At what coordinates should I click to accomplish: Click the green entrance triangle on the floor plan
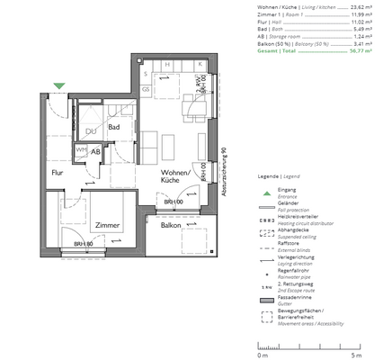point(59,86)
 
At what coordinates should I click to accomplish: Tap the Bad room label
point(114,127)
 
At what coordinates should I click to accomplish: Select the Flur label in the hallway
point(58,171)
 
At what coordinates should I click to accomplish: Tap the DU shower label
point(90,132)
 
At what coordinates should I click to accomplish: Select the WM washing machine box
point(80,150)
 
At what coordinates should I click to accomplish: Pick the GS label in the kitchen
point(146,90)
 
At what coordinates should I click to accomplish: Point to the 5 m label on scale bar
point(357,355)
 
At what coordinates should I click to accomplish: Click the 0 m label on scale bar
point(263,355)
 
